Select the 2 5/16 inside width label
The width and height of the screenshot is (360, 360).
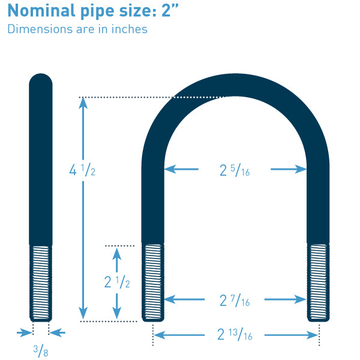pyautogui.click(x=235, y=170)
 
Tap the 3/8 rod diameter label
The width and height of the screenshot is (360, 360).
pyautogui.click(x=41, y=351)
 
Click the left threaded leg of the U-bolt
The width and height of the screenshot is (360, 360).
pyautogui.click(x=153, y=281)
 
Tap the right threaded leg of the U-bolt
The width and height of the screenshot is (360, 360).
pyautogui.click(x=319, y=281)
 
